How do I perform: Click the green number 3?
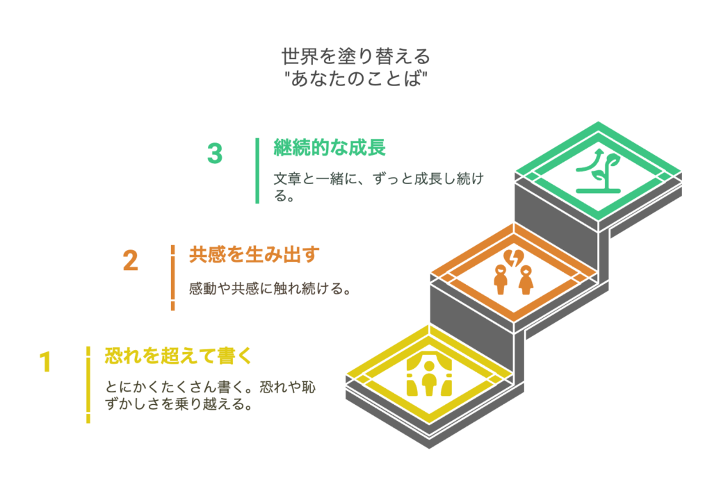pos(215,153)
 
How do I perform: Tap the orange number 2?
pos(130,260)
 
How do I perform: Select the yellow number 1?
pos(45,362)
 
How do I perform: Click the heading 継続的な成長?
pos(329,148)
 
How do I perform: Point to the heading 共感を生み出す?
pos(254,255)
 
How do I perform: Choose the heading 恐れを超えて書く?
pos(179,356)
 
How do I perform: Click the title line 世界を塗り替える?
pos(355,56)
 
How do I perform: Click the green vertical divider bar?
pos(257,170)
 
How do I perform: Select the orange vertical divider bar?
pos(172,278)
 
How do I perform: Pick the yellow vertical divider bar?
pos(88,385)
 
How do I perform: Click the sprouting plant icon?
pos(598,171)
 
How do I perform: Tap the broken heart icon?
pos(514,258)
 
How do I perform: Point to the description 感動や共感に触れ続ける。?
pos(270,289)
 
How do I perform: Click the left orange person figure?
pos(501,280)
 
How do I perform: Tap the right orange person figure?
pos(526,280)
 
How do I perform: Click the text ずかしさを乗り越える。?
pos(179,404)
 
